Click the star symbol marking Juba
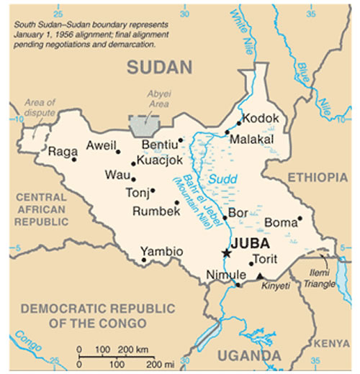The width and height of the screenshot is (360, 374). pyautogui.click(x=227, y=253)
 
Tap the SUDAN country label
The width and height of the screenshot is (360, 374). pyautogui.click(x=159, y=68)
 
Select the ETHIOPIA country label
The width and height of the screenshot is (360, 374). pyautogui.click(x=318, y=177)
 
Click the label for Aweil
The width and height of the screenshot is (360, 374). pyautogui.click(x=101, y=146)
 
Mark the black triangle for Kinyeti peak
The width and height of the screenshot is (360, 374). pyautogui.click(x=260, y=276)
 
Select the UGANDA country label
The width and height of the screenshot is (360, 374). pyautogui.click(x=250, y=355)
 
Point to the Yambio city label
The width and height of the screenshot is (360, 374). pyautogui.click(x=161, y=251)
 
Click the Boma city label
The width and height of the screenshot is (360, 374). pyautogui.click(x=281, y=223)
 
